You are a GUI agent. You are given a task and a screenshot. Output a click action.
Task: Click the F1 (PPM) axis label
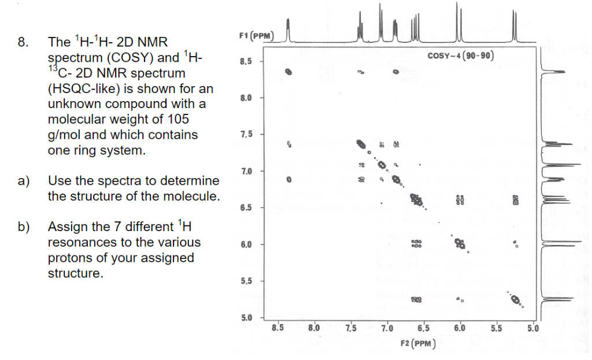(256, 36)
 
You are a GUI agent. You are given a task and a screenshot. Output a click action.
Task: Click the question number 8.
(23, 42)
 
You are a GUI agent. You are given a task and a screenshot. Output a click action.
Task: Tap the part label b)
(24, 227)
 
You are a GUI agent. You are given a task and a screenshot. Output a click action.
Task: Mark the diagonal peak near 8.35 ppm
(288, 72)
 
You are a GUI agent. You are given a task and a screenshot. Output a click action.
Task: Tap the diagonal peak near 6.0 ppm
(460, 244)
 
